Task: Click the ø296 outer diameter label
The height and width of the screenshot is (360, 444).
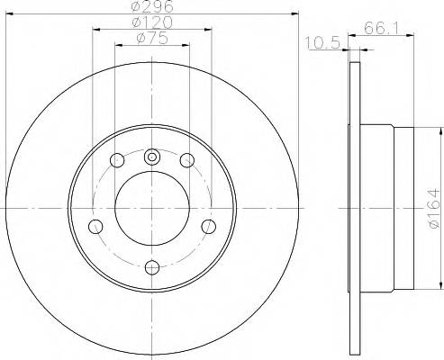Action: [150, 6]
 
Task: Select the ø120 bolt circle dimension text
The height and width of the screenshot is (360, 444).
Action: [150, 22]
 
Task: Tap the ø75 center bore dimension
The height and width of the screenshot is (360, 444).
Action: [150, 38]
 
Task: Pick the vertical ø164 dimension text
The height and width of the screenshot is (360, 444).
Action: [430, 208]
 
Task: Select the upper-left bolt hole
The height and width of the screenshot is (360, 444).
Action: [116, 161]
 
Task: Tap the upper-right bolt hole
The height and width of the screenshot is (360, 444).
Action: [186, 161]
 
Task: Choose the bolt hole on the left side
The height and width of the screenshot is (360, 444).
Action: [95, 226]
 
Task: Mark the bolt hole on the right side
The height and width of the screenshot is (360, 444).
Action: [207, 226]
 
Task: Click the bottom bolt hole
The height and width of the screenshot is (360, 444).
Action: [151, 266]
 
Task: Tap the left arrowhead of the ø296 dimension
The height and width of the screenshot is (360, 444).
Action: [11, 13]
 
